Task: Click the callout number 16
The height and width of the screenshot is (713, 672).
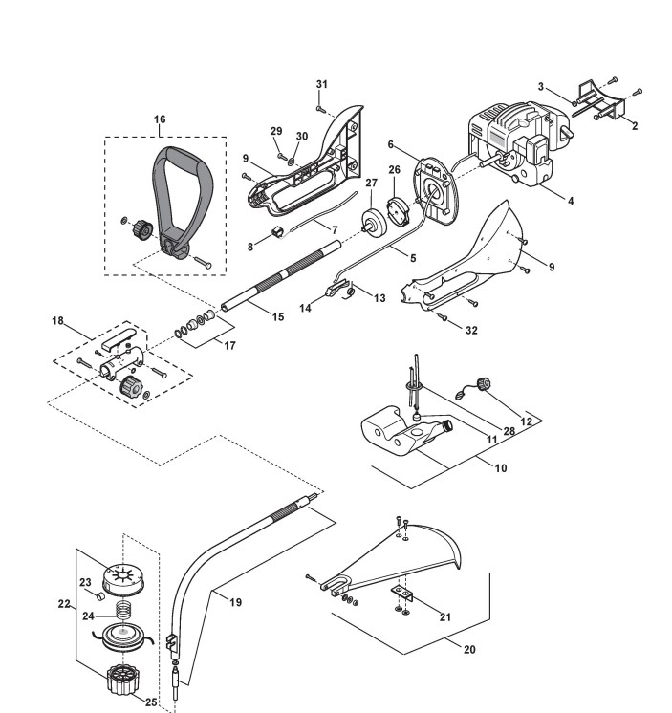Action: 160,119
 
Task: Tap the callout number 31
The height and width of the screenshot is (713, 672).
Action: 322,84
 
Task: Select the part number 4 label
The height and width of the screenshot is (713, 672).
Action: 571,201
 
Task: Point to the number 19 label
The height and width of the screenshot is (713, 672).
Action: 235,602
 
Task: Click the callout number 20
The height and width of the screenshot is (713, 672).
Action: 469,650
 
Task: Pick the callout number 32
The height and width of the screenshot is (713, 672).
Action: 471,331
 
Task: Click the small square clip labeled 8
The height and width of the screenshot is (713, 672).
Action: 277,232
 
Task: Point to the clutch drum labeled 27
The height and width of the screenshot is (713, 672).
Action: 374,224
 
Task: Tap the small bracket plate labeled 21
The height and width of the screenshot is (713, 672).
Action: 401,593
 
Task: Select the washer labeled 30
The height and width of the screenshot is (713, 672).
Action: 291,160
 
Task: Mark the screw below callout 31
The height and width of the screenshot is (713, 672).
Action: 320,109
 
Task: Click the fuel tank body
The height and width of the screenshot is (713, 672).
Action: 404,430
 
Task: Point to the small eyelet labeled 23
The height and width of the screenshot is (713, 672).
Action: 100,595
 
